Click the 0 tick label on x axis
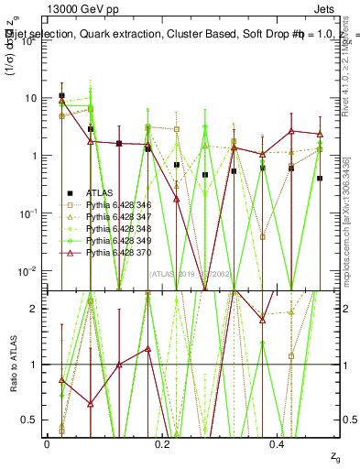(47, 444)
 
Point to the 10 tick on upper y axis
(31, 98)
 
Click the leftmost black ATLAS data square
(61, 95)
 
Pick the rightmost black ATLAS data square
(320, 179)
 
